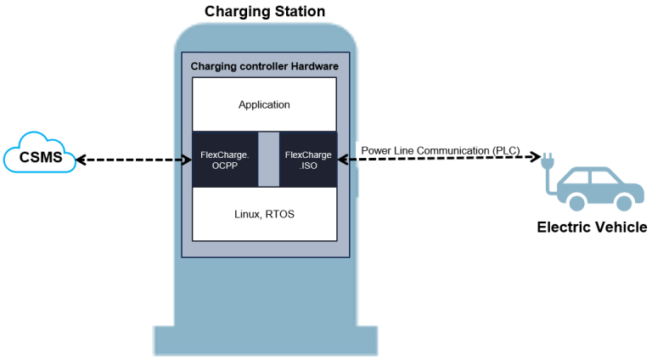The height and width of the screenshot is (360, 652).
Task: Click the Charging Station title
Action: pos(264,11)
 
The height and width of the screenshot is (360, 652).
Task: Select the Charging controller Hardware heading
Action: pos(264,65)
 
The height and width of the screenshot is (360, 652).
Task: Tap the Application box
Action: pos(264,104)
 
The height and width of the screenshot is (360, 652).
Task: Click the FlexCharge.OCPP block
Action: pos(224,160)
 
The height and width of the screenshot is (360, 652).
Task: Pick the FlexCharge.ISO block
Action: pos(307,160)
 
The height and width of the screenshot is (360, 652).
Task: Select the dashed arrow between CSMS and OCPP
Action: pos(132,158)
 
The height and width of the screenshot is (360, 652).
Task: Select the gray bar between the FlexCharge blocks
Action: pos(267,160)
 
